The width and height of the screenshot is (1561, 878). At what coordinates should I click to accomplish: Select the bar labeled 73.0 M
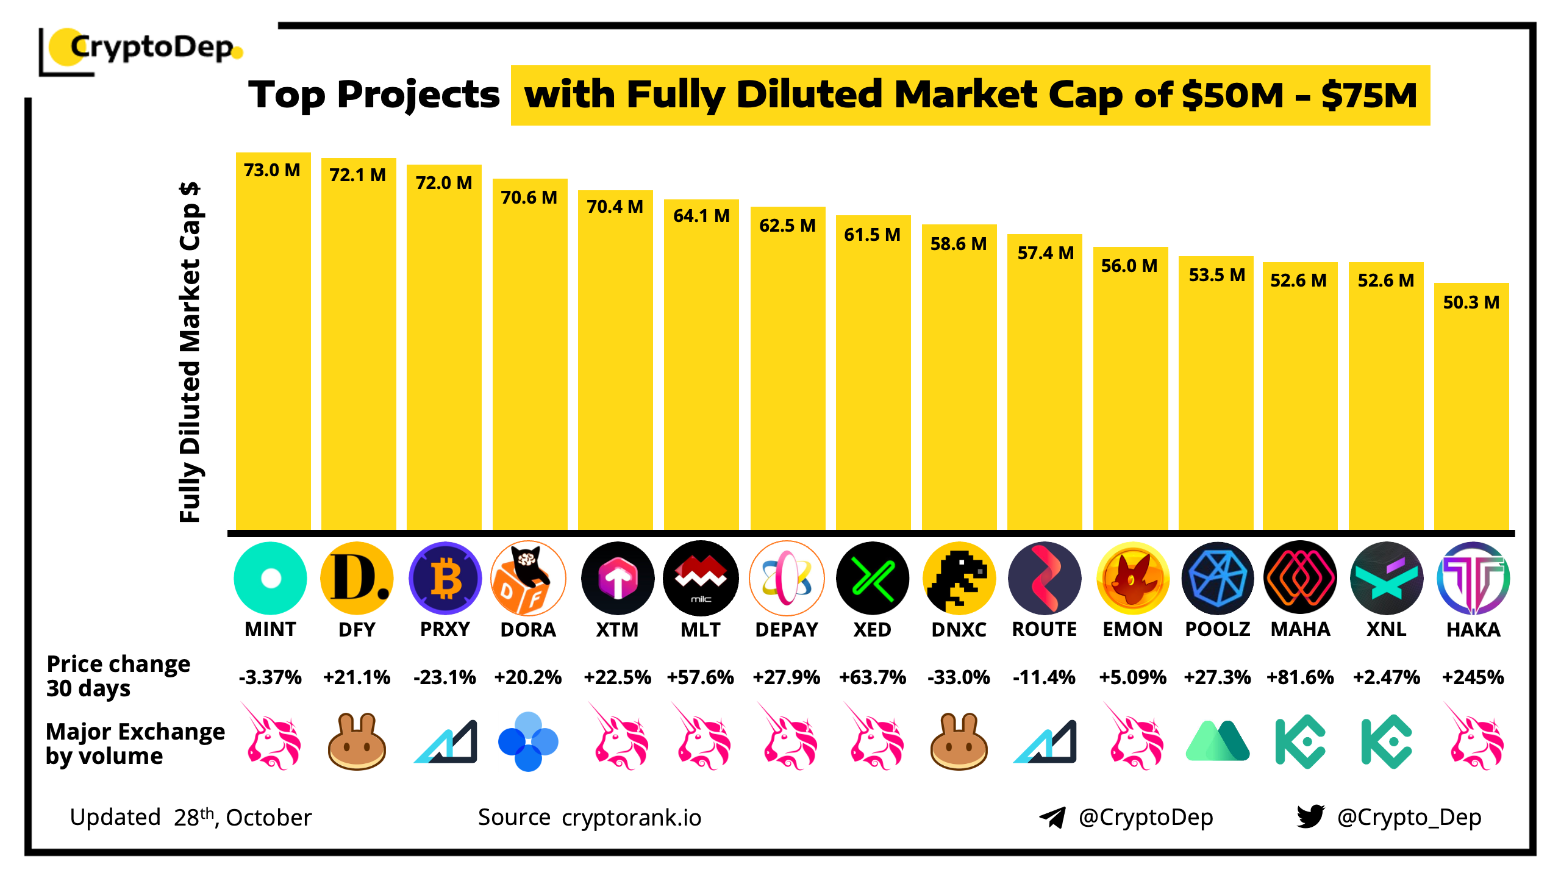pyautogui.click(x=273, y=341)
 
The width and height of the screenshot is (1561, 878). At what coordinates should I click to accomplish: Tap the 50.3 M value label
pyautogui.click(x=1471, y=302)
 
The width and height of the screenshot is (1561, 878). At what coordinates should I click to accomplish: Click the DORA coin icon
pyautogui.click(x=528, y=578)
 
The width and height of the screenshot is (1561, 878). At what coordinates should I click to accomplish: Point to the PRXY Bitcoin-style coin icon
pyautogui.click(x=445, y=578)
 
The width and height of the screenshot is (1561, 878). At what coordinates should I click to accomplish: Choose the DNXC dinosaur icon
pyautogui.click(x=959, y=578)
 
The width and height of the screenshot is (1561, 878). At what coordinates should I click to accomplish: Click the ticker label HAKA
pyautogui.click(x=1473, y=629)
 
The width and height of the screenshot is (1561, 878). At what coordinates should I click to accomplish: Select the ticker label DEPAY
pyautogui.click(x=787, y=629)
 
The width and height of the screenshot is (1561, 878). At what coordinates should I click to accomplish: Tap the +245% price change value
pyautogui.click(x=1473, y=677)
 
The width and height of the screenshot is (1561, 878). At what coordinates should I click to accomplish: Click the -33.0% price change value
pyautogui.click(x=959, y=677)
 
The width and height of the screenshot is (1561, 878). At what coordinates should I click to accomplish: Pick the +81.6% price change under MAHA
pyautogui.click(x=1300, y=677)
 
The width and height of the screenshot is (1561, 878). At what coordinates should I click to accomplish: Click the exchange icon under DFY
pyautogui.click(x=357, y=741)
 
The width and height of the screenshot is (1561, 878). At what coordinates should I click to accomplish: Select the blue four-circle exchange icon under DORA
pyautogui.click(x=528, y=741)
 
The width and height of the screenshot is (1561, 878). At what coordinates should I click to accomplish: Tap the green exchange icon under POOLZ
pyautogui.click(x=1218, y=741)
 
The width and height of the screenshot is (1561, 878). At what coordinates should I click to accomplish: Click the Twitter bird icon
pyautogui.click(x=1310, y=816)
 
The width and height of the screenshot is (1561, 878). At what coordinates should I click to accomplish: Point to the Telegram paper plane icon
pyautogui.click(x=1052, y=817)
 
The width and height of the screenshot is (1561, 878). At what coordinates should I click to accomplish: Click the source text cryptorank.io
pyautogui.click(x=632, y=818)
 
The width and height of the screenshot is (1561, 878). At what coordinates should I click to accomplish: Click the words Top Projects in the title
pyautogui.click(x=374, y=95)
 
